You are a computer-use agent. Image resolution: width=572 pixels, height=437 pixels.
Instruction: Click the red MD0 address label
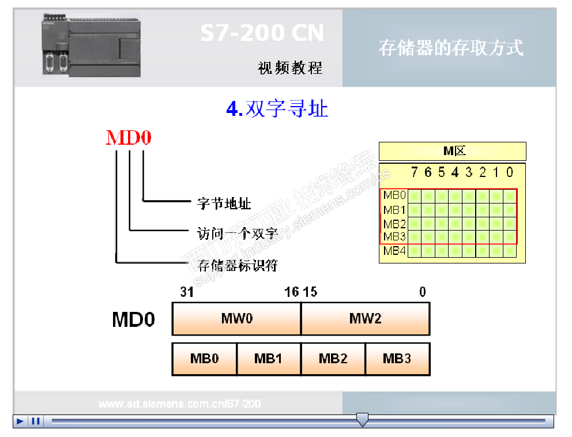[x=129, y=138]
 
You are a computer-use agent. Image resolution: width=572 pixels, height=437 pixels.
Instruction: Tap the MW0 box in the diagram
[x=236, y=319]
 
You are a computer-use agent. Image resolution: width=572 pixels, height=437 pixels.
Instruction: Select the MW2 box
[x=365, y=319]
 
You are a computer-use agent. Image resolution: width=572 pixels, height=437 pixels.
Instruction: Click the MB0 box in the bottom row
[x=205, y=359]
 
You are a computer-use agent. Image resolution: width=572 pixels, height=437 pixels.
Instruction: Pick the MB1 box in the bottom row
[x=269, y=359]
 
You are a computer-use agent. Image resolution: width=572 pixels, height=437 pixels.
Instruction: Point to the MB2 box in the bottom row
[x=333, y=359]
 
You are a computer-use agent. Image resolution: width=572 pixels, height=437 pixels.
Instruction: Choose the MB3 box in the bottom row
[x=397, y=359]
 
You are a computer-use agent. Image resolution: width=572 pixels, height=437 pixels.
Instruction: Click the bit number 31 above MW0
[x=187, y=292]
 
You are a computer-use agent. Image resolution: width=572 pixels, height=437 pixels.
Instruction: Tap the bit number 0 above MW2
[x=423, y=292]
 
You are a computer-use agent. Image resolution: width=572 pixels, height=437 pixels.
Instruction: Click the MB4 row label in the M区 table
[x=395, y=251]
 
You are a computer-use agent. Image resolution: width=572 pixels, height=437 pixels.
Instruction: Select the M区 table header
[x=453, y=152]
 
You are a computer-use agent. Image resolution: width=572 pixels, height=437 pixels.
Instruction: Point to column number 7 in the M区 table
[x=414, y=172]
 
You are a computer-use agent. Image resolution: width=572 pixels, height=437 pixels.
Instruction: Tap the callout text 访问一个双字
[x=234, y=233]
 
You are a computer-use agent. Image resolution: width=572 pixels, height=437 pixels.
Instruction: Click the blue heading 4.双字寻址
[x=277, y=108]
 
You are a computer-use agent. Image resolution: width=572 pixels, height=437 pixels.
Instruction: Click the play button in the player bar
[x=20, y=421]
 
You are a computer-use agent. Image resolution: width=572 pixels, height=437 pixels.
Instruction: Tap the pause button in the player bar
[x=36, y=421]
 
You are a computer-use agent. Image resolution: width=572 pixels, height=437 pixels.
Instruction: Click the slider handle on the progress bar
[x=362, y=420]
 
